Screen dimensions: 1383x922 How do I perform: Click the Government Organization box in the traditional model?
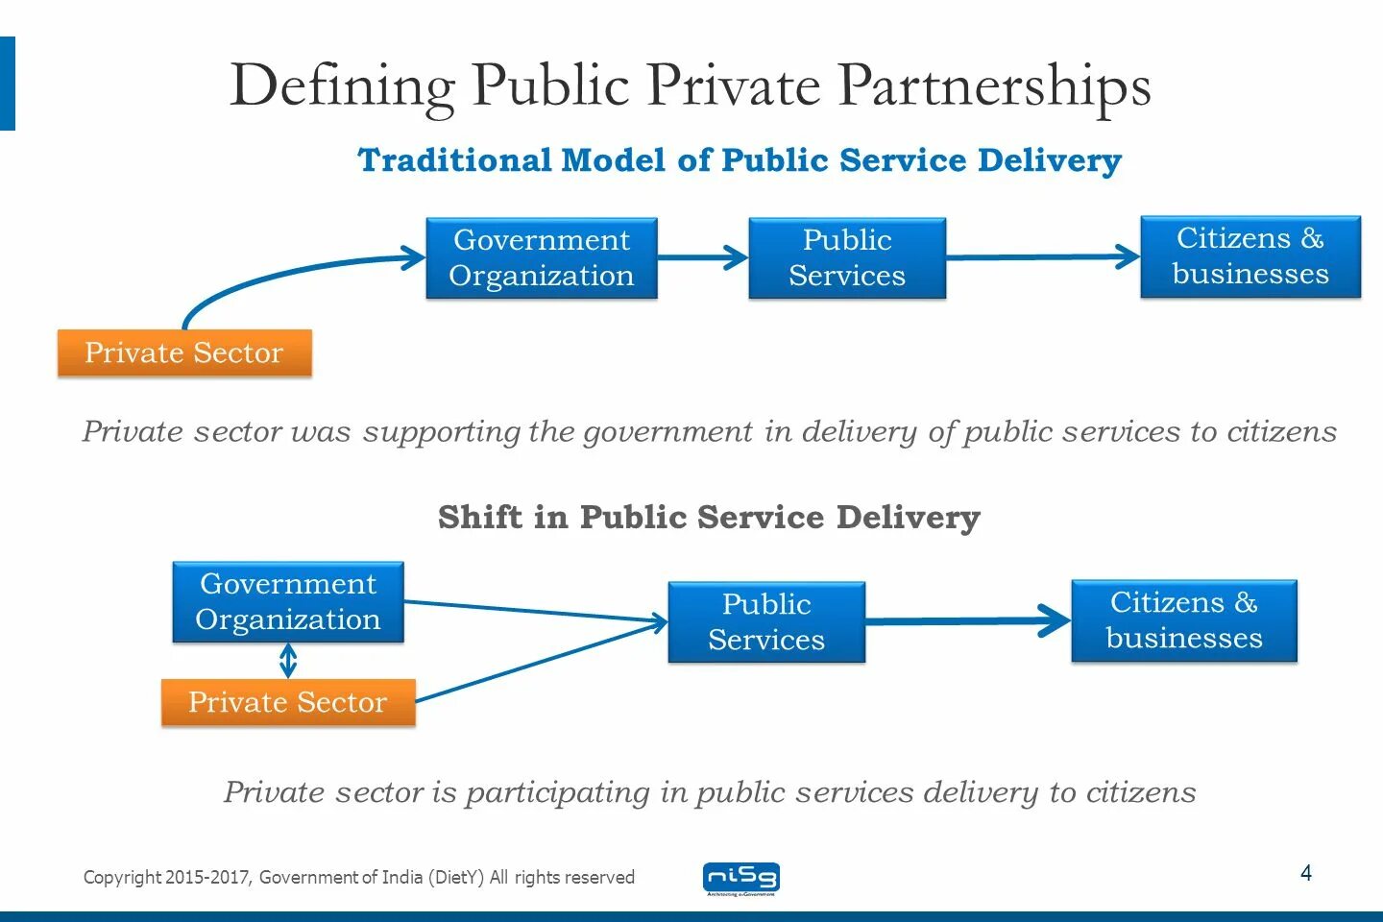click(542, 257)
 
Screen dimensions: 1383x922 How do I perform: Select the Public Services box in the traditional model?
click(847, 257)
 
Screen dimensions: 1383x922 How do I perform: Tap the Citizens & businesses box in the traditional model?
click(1250, 256)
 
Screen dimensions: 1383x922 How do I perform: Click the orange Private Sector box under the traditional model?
click(184, 352)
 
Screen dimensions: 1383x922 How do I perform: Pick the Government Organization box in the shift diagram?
click(288, 602)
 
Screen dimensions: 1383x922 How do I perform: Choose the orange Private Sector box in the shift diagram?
click(288, 702)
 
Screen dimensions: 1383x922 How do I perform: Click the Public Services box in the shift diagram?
click(766, 622)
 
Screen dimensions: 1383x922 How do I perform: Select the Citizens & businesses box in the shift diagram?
click(1184, 620)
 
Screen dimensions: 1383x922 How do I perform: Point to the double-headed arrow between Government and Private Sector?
click(288, 661)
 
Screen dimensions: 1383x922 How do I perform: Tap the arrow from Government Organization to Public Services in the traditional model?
click(702, 257)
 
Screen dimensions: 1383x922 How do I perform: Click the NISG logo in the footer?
click(741, 878)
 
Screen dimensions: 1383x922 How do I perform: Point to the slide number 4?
click(1306, 873)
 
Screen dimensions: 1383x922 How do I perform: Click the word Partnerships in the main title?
click(994, 86)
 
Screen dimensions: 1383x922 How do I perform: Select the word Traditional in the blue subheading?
click(455, 160)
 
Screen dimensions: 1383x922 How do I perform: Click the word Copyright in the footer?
click(122, 877)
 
